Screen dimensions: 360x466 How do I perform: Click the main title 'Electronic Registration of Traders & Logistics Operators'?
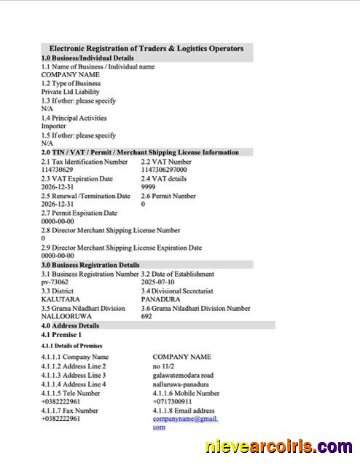coord(146,48)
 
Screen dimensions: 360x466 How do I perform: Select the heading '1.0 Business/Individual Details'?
coord(87,58)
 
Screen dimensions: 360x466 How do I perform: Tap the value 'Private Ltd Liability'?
coord(71,92)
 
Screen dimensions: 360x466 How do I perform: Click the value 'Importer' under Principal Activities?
coord(53,126)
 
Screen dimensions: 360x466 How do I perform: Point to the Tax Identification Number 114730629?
coord(57,170)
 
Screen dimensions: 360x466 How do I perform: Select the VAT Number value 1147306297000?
coord(164,170)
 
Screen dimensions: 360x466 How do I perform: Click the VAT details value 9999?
coord(148,187)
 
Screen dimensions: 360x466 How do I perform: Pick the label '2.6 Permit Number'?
coord(168,196)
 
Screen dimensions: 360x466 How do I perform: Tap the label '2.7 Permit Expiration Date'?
coord(79,213)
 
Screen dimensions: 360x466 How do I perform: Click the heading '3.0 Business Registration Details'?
coord(90,265)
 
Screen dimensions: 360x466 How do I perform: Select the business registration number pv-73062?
coord(55,282)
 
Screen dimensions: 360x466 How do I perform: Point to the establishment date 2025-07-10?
coord(157,282)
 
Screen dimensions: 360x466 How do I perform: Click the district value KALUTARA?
coord(60,299)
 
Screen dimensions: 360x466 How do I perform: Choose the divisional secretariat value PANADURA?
coord(160,299)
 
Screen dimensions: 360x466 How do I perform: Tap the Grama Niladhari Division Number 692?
coord(146,317)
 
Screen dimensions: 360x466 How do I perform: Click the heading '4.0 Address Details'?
coord(70,325)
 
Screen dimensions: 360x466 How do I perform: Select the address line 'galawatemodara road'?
coord(183,375)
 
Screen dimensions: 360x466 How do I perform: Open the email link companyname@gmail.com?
coord(185,419)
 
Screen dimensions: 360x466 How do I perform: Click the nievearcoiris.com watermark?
coord(280,446)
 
